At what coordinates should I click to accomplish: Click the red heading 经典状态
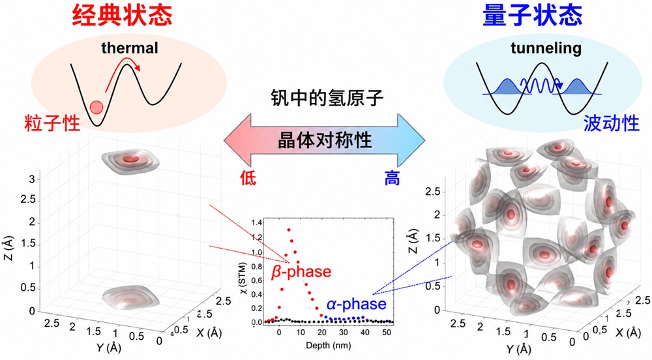[x=123, y=16]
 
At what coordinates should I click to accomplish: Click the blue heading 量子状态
[x=533, y=16]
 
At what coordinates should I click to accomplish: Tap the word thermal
[x=130, y=48]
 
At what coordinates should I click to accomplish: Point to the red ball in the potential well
[x=96, y=107]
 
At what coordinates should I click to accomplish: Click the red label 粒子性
[x=52, y=123]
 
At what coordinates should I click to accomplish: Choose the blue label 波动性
[x=612, y=123]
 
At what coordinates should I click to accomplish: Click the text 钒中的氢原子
[x=327, y=98]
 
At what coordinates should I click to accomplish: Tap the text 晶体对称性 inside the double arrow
[x=325, y=140]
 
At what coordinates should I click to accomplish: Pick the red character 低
[x=248, y=178]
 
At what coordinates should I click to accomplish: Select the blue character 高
[x=392, y=178]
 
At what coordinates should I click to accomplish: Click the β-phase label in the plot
[x=301, y=271]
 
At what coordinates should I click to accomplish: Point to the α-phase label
[x=357, y=304]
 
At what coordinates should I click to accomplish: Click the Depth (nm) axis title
[x=328, y=345]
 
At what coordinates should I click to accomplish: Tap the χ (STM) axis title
[x=243, y=278]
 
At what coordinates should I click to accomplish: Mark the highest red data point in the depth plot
[x=289, y=230]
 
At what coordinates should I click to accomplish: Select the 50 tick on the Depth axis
[x=386, y=333]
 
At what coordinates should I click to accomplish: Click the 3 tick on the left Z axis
[x=31, y=179]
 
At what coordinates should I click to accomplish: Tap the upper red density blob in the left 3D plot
[x=131, y=159]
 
